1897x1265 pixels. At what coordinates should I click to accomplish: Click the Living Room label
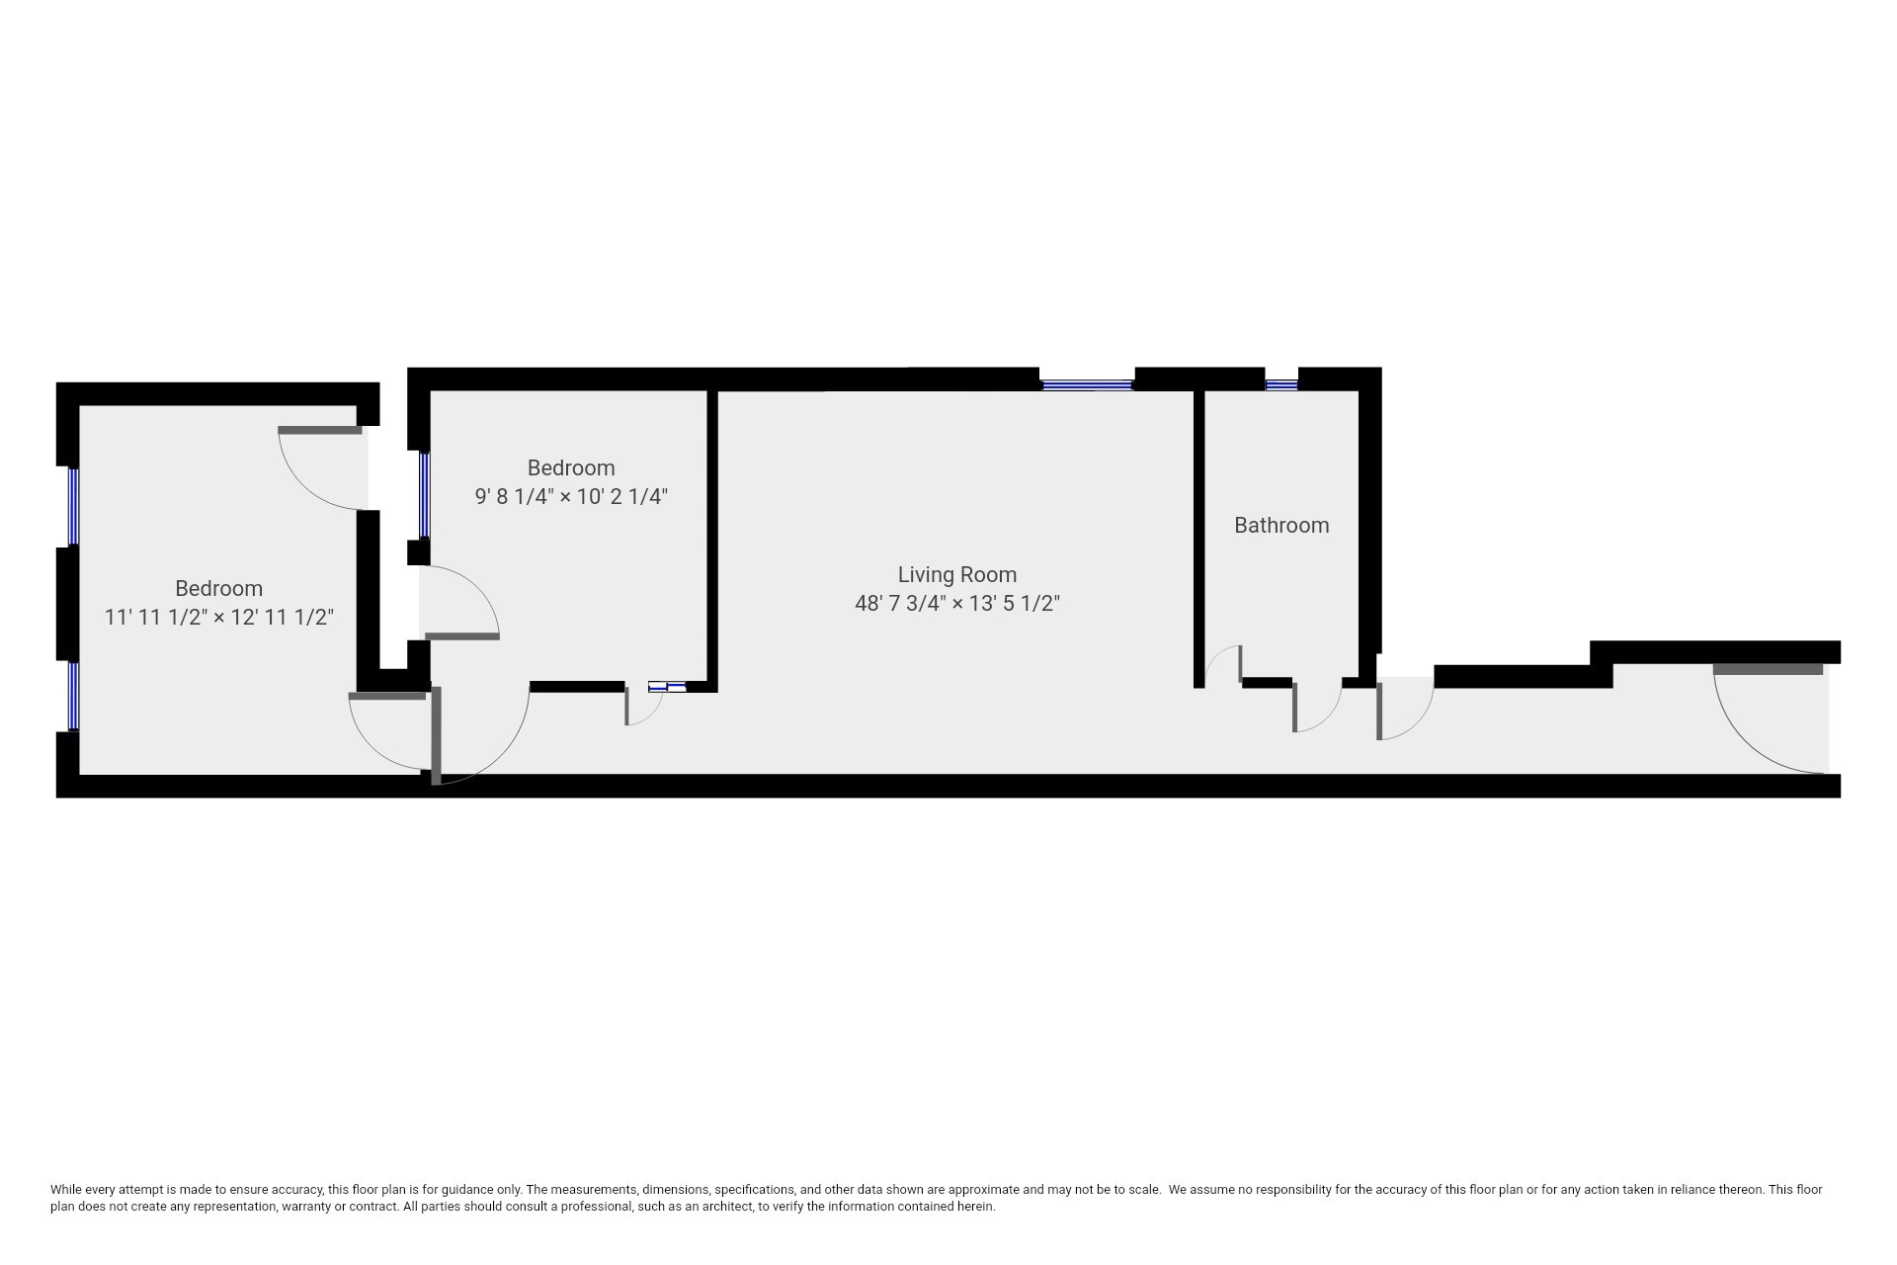coord(956,574)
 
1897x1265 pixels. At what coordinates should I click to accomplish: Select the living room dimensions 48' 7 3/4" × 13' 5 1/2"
coord(956,603)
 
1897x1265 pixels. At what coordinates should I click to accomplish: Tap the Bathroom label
coord(1281,525)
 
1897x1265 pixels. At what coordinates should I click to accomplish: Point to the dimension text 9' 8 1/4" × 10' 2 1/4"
coord(571,496)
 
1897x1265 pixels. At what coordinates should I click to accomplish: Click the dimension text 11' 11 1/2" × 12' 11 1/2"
coord(218,617)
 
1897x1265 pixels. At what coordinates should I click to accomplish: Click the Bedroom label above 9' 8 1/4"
coord(571,467)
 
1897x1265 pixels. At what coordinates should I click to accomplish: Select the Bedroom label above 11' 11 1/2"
coord(218,588)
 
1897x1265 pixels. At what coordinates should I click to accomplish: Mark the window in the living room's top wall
coord(1087,385)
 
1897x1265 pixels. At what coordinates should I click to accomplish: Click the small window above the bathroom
coord(1281,385)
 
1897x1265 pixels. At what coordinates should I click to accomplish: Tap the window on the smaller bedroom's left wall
coord(425,494)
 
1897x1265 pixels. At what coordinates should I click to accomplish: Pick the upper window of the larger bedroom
coord(73,506)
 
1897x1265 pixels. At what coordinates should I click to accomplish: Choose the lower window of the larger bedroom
coord(73,696)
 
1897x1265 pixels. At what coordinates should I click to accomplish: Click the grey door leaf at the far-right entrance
coord(1768,669)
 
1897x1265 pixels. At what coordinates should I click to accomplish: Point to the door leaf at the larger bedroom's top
coord(320,430)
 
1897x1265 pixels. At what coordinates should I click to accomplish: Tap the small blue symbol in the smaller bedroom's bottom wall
coord(667,686)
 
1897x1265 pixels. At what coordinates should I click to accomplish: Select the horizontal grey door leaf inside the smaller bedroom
coord(461,635)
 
